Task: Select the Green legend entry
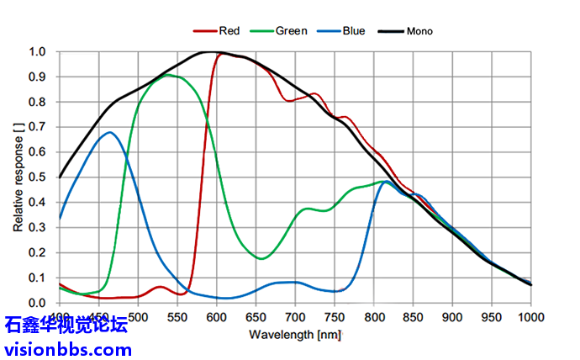[x=291, y=31]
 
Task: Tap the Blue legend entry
[x=353, y=31]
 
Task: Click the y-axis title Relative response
[x=18, y=177]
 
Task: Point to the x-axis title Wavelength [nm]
[x=294, y=335]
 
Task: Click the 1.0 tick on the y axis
[x=38, y=51]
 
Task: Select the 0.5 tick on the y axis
[x=38, y=177]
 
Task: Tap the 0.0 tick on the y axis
[x=38, y=303]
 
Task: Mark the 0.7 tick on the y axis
[x=38, y=127]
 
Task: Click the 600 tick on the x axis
[x=216, y=316]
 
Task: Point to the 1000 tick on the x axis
[x=530, y=316]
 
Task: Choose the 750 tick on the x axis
[x=334, y=316]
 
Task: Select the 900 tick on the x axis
[x=452, y=316]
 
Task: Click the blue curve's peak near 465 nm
[x=109, y=132]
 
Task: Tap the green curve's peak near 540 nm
[x=168, y=75]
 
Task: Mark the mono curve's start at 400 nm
[x=60, y=177]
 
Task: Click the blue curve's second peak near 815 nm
[x=385, y=181]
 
